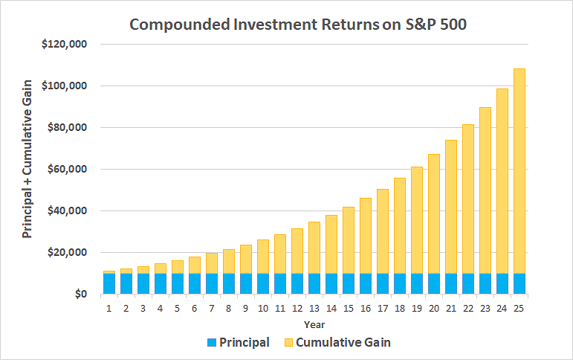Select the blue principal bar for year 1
(x=109, y=284)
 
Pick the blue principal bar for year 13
(x=314, y=284)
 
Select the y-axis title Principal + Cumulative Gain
(x=27, y=170)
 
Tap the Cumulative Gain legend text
(x=343, y=343)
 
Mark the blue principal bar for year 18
(x=400, y=284)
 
